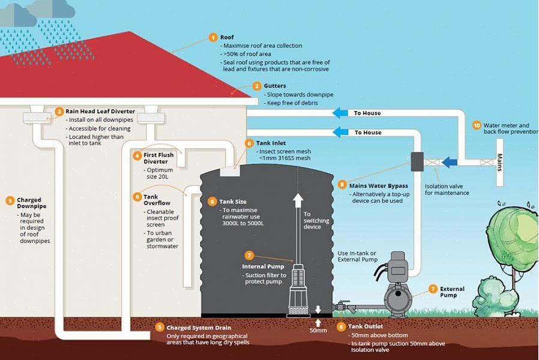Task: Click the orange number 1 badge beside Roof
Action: [x=212, y=37]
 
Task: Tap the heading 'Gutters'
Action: [x=275, y=86]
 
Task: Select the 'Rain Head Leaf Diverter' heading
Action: [x=100, y=111]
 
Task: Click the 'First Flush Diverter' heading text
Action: [x=158, y=158]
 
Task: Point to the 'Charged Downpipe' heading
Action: [x=29, y=203]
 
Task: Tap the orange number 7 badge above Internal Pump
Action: [x=250, y=255]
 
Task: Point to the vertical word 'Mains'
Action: [x=499, y=163]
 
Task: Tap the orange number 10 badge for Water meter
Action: [x=477, y=125]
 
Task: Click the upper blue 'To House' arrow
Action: [x=340, y=113]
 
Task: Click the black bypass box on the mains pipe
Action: [x=417, y=161]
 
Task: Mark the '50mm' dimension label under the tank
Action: [x=318, y=330]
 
